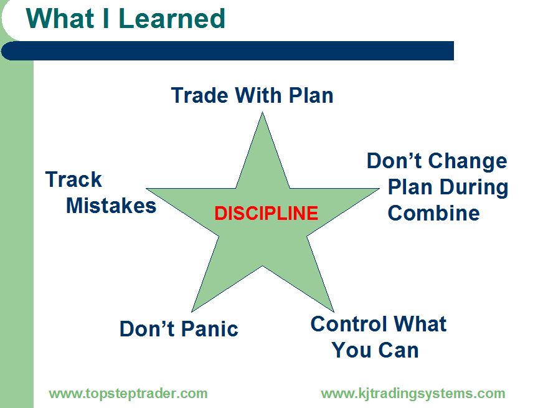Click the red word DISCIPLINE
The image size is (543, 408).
[267, 213]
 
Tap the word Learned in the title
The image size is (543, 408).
[172, 18]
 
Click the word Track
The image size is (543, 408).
[73, 179]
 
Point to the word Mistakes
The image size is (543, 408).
[111, 206]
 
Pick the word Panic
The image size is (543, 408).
[209, 328]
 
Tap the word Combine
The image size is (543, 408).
[433, 212]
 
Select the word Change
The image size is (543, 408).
[467, 162]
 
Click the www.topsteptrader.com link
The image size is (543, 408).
[128, 394]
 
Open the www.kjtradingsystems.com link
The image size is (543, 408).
[413, 394]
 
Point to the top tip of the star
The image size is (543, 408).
[263, 112]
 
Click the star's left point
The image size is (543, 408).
[146, 189]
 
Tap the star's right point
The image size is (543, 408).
[379, 189]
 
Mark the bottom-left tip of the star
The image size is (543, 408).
[192, 311]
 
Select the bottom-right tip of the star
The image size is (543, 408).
[334, 311]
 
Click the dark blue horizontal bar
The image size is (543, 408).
[227, 50]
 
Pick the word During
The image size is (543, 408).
[474, 188]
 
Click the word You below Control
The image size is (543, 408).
[351, 350]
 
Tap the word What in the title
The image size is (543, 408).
[60, 18]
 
